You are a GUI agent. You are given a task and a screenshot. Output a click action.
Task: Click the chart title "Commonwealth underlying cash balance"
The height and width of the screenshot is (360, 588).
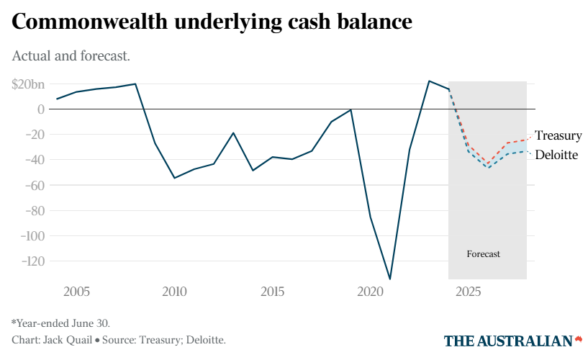pos(212,22)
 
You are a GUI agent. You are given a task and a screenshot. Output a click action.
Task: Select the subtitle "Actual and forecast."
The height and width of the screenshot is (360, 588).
pos(71,55)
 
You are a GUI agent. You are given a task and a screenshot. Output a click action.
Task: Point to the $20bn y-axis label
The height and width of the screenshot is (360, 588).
pos(28,84)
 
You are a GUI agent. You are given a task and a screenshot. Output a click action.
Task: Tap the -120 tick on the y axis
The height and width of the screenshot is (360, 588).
pos(32,261)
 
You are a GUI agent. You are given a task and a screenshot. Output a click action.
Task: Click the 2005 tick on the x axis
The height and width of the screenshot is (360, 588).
pos(76,292)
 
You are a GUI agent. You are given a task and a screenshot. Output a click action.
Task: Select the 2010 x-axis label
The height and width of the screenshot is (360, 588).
pos(174,292)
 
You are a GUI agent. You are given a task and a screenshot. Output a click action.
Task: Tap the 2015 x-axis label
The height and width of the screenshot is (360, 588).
pos(272,292)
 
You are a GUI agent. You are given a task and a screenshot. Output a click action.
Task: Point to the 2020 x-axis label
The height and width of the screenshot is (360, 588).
pos(370,292)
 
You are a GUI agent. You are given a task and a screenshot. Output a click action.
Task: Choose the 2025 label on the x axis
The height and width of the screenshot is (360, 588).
pos(469,292)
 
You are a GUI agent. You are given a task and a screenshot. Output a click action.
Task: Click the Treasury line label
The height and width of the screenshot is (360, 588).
pos(558,135)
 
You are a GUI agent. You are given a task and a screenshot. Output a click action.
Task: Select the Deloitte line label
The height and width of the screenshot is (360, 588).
pos(556,155)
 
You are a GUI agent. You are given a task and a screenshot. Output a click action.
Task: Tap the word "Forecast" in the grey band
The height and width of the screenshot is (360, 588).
pos(483,254)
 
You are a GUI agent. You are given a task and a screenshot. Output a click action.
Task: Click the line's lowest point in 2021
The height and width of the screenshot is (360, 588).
pos(390,279)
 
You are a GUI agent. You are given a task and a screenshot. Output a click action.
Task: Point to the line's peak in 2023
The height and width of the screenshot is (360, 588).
pos(429,81)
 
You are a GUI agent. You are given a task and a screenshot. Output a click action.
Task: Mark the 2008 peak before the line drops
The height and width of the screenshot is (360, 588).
pos(135,84)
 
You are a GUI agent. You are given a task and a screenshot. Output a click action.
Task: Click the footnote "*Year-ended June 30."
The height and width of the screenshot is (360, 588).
pos(61,323)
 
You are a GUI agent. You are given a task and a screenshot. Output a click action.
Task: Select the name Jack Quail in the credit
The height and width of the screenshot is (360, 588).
pos(67,340)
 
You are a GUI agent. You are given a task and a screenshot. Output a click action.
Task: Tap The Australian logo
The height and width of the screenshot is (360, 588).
pos(512,340)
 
